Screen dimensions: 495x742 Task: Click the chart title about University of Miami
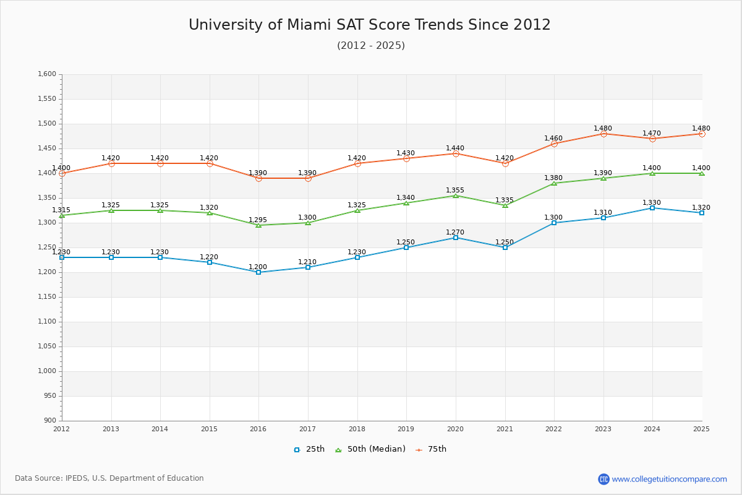[x=370, y=25]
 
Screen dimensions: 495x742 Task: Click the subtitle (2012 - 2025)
[x=371, y=45]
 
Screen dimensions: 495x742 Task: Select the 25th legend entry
[x=309, y=449]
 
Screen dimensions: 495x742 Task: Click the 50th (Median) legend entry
[x=370, y=449]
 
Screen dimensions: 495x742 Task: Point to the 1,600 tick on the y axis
[x=47, y=74]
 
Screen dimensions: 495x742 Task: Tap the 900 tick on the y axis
[x=49, y=421]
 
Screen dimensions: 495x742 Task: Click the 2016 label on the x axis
[x=258, y=429]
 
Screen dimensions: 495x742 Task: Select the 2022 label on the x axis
[x=554, y=429]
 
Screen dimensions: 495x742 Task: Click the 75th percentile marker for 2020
[x=456, y=153]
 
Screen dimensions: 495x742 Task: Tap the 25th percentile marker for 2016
[x=258, y=272]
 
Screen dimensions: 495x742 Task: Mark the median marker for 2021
[x=505, y=205]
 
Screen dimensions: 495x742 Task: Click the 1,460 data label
[x=553, y=138]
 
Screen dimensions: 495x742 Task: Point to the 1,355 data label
[x=455, y=190]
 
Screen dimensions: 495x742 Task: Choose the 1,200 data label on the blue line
[x=258, y=267]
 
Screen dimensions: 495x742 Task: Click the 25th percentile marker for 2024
[x=652, y=208]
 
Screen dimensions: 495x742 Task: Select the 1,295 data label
[x=258, y=220]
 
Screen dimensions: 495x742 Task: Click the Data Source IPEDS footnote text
[x=109, y=478]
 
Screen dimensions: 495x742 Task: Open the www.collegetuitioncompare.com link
[x=669, y=479]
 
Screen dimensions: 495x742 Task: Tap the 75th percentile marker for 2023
[x=603, y=134]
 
